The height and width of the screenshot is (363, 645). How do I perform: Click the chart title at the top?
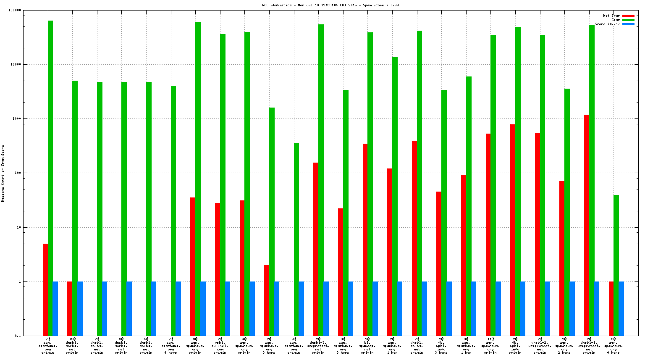(330, 5)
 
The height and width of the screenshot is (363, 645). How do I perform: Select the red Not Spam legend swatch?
(628, 16)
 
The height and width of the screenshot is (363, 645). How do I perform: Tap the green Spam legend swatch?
(628, 20)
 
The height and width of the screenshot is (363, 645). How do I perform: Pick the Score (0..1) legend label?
(607, 24)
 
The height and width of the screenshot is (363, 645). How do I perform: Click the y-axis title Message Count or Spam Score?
(3, 173)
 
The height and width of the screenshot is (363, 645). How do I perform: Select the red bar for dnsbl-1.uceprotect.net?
(587, 225)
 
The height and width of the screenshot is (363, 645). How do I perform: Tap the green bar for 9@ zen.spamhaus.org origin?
(296, 239)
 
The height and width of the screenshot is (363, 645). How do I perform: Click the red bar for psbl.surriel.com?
(218, 269)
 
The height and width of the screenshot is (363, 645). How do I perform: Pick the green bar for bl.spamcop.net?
(370, 184)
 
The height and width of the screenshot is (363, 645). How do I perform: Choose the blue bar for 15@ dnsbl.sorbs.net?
(80, 308)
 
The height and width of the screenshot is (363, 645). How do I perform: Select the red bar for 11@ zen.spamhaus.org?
(488, 234)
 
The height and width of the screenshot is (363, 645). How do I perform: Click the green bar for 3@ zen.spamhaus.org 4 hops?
(616, 265)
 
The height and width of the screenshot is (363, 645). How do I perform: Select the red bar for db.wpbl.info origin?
(513, 230)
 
